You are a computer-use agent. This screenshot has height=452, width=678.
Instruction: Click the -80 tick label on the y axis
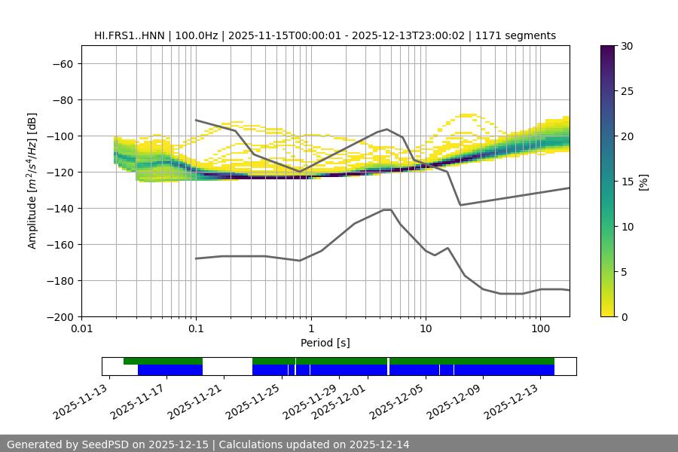point(61,100)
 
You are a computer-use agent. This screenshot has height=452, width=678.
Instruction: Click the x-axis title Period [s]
point(325,344)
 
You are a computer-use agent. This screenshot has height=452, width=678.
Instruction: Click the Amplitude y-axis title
point(32,182)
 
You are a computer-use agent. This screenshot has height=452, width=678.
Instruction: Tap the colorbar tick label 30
point(626,47)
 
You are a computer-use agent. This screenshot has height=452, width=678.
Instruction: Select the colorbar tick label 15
point(626,182)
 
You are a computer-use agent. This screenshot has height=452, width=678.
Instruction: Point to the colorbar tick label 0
point(623,317)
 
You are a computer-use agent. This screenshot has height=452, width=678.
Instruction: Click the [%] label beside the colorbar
point(644,182)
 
